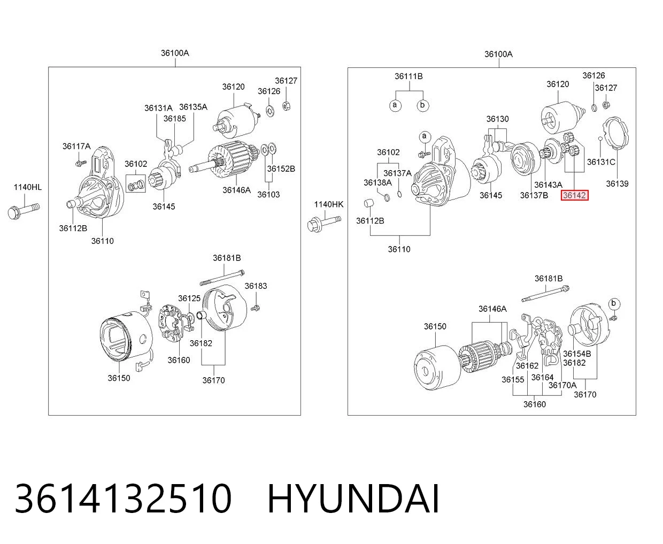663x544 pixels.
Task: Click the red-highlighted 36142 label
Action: point(574,195)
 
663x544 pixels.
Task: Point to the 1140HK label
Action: point(329,204)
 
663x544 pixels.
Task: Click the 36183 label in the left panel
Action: point(256,286)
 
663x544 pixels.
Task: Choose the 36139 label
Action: point(617,183)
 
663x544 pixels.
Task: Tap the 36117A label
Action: point(76,146)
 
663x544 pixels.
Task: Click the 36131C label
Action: point(601,162)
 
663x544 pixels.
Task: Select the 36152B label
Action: point(281,169)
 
